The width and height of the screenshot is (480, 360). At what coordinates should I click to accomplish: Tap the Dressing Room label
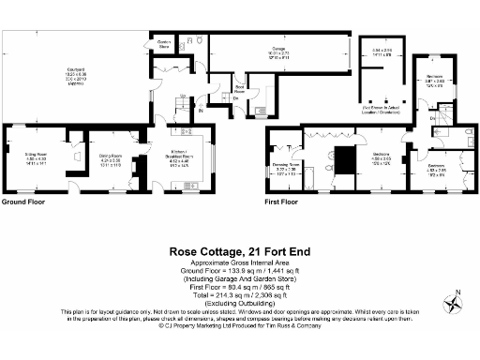pos(283,168)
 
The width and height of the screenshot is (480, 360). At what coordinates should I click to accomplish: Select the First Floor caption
pos(281,202)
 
